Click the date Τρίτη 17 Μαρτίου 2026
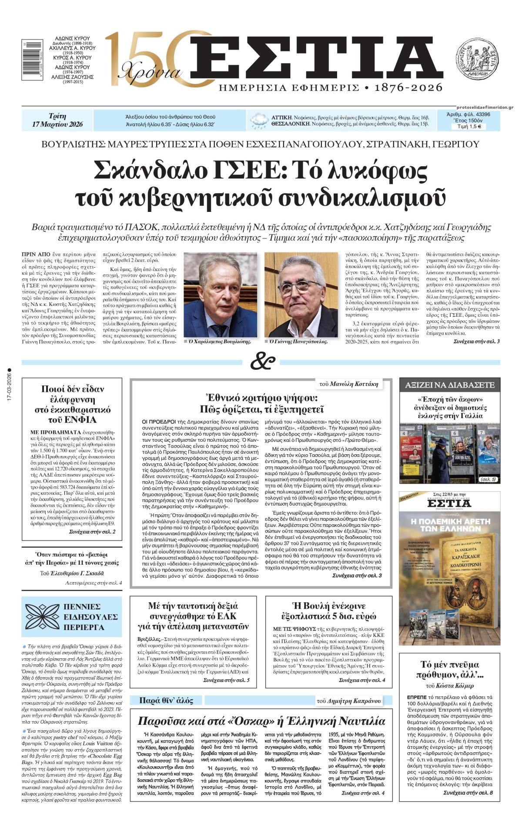57,121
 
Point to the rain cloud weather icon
259,121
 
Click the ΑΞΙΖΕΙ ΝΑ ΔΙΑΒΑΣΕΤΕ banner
450,385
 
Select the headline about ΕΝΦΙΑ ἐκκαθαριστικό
73,404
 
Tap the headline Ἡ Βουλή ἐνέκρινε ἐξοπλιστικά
329,611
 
